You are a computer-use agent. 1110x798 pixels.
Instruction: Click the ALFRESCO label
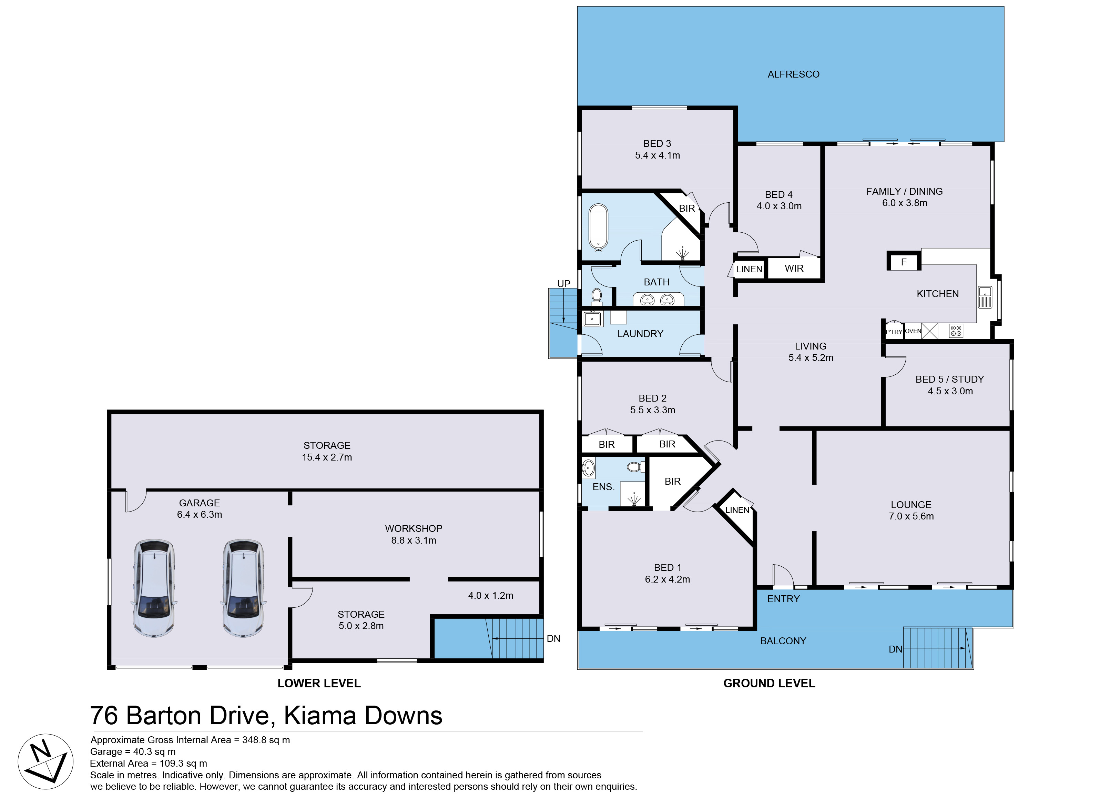(793, 74)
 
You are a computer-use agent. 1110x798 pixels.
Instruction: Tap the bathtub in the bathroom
(598, 227)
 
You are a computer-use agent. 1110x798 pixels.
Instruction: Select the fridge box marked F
(904, 262)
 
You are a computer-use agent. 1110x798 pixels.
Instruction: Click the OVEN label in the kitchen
(913, 331)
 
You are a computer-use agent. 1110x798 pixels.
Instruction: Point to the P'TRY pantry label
(894, 332)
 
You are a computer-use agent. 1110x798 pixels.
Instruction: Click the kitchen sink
(985, 297)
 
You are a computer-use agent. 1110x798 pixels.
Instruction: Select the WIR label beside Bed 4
(794, 268)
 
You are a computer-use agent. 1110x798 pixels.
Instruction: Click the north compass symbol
(45, 761)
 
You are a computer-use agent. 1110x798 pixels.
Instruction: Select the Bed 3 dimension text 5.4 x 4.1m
(657, 155)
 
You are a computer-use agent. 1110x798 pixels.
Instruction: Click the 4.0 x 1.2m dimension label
(490, 595)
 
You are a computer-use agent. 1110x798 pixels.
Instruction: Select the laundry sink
(593, 319)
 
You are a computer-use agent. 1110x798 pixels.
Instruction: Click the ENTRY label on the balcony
(783, 599)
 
